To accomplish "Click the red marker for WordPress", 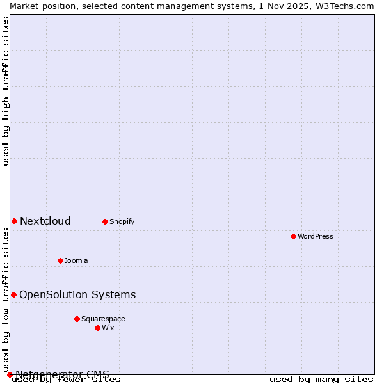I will pos(293,236).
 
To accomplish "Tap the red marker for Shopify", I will pos(105,221).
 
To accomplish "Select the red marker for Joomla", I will pos(60,260).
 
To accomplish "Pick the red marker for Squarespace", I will pos(77,319).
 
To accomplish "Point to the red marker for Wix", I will pos(97,328).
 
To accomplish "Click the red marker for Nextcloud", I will pos(14,221).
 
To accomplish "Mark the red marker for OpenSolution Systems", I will pos(13,294).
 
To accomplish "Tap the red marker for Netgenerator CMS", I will pos(10,374).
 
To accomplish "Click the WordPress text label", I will pos(316,236).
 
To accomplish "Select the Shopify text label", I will pos(122,221).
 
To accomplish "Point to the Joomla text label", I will pos(76,260).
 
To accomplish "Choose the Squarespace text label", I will pos(103,319).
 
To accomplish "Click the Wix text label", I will pos(108,328).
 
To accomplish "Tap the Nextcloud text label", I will pos(45,221).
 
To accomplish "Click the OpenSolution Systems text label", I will pos(77,294).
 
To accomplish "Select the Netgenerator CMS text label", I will pos(62,374).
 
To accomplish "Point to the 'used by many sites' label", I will pos(321,380).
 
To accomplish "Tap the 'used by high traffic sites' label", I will pos(6,91).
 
